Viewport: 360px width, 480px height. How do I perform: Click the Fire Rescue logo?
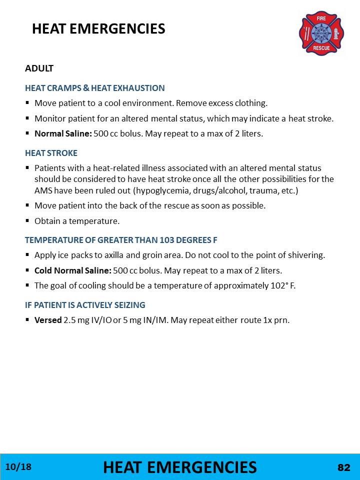click(321, 33)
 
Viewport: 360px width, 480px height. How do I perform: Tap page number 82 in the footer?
click(344, 467)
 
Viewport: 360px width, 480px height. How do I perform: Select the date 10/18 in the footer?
click(18, 467)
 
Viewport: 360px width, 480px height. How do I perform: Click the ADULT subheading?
click(39, 68)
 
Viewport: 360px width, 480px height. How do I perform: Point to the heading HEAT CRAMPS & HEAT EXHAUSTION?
click(94, 88)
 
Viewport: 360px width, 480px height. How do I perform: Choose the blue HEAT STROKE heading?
click(51, 153)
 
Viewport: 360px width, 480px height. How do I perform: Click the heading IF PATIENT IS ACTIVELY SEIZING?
click(85, 304)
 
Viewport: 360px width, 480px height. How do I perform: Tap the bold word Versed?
click(48, 320)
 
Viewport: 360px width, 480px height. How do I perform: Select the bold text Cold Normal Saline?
click(72, 270)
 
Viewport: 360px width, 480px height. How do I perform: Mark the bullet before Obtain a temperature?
click(28, 220)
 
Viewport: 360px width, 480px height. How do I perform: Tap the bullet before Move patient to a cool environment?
click(28, 103)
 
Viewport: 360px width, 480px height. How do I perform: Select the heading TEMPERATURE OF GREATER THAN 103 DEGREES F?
click(121, 240)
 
